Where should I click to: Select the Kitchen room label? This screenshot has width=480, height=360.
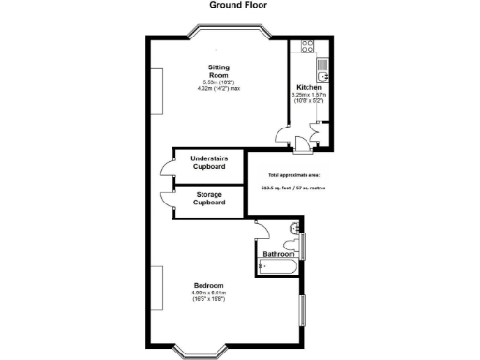click(x=308, y=87)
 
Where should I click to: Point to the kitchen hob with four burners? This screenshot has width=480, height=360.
click(x=306, y=46)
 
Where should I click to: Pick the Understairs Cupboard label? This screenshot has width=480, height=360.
click(x=209, y=162)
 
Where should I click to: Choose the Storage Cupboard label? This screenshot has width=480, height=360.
click(x=209, y=198)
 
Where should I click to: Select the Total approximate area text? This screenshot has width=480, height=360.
click(x=292, y=175)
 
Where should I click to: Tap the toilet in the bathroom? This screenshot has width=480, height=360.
click(x=295, y=228)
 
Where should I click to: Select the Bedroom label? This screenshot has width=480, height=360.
click(x=208, y=285)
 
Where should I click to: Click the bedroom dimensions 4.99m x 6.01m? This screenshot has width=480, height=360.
click(x=208, y=292)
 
